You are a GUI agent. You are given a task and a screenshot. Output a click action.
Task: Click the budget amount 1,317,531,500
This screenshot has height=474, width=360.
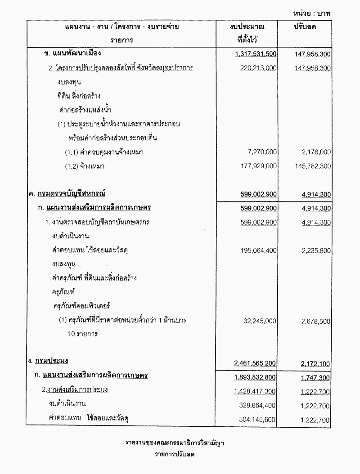tap(256, 54)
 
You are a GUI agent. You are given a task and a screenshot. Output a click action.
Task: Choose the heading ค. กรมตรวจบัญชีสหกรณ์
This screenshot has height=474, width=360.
tap(65, 194)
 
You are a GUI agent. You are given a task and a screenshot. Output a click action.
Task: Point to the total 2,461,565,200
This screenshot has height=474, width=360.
tap(255, 363)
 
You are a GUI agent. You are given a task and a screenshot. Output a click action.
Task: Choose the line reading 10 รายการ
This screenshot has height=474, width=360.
tap(81, 334)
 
